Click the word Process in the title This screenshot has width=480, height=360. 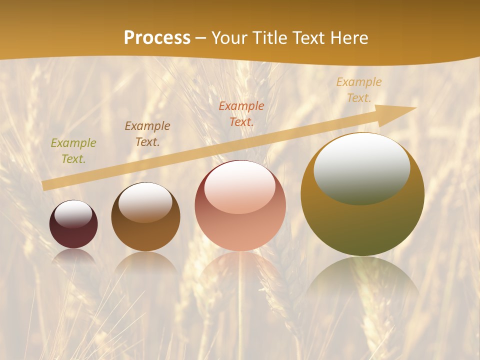click(x=157, y=38)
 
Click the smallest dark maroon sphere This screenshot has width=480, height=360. click(x=73, y=224)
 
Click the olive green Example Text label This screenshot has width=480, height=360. click(x=73, y=151)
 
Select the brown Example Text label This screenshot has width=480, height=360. click(x=147, y=134)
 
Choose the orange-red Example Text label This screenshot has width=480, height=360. click(x=241, y=114)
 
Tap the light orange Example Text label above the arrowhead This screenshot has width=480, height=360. click(x=359, y=90)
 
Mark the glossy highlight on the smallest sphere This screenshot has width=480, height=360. click(x=73, y=214)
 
